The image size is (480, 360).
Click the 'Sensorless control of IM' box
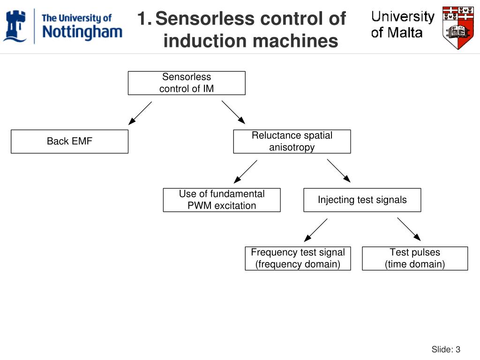point(187,83)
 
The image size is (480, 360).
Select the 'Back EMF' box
point(69,142)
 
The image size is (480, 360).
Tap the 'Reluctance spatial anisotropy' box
point(292,142)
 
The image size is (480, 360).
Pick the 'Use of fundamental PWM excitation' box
point(222,200)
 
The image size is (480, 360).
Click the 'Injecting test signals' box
point(362,200)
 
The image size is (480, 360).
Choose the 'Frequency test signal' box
point(298,258)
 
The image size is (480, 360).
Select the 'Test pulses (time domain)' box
point(415,258)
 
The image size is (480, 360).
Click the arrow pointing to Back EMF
point(140,113)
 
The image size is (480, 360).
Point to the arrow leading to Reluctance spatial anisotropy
point(233,112)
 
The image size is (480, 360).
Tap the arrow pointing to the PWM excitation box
point(245,172)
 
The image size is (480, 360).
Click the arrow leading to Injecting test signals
point(339,171)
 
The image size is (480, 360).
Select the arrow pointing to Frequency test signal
point(315,230)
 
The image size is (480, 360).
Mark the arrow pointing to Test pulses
point(409,229)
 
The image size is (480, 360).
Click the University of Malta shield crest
point(458,28)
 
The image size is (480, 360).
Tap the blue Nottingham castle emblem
point(15,26)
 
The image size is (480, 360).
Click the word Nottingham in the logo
point(82,32)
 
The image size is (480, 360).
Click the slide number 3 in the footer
point(458,349)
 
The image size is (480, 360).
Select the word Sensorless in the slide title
point(205,18)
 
